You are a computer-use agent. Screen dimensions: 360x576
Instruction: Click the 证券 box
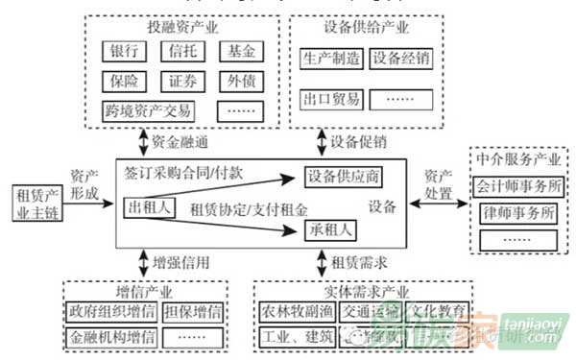click(x=182, y=80)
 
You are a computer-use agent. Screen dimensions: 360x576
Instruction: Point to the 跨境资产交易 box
click(x=149, y=109)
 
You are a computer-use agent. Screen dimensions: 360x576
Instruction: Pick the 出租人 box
click(x=150, y=206)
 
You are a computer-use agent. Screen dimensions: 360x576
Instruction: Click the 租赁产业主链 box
click(x=33, y=204)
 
